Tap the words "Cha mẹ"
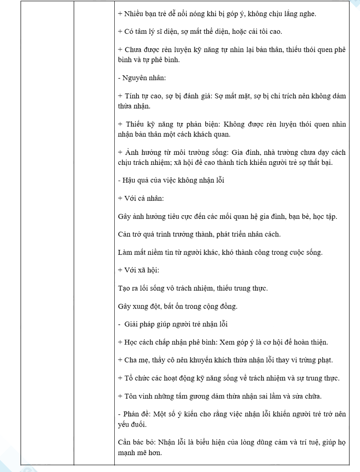click(135, 360)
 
